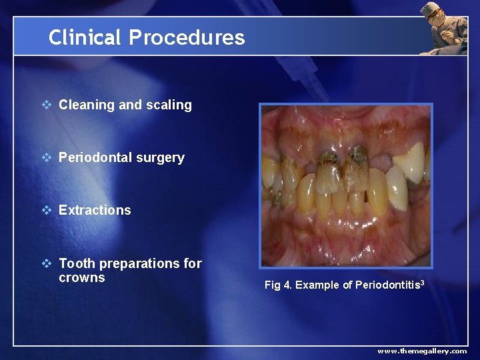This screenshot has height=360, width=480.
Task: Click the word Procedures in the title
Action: click(x=187, y=37)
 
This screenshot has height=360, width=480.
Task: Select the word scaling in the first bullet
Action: click(x=170, y=105)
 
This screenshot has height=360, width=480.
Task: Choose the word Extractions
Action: click(x=95, y=210)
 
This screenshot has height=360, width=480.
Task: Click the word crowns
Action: click(x=82, y=277)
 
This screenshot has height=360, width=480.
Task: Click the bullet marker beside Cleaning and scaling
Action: click(x=46, y=105)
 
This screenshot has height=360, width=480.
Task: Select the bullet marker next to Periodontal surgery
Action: click(x=46, y=157)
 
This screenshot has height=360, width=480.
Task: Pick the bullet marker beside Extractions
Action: click(x=46, y=210)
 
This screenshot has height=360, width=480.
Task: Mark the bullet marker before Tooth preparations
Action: click(x=46, y=263)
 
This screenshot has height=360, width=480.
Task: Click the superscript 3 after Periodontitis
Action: click(x=422, y=283)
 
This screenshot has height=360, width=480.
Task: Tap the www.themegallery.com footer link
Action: click(x=422, y=351)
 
